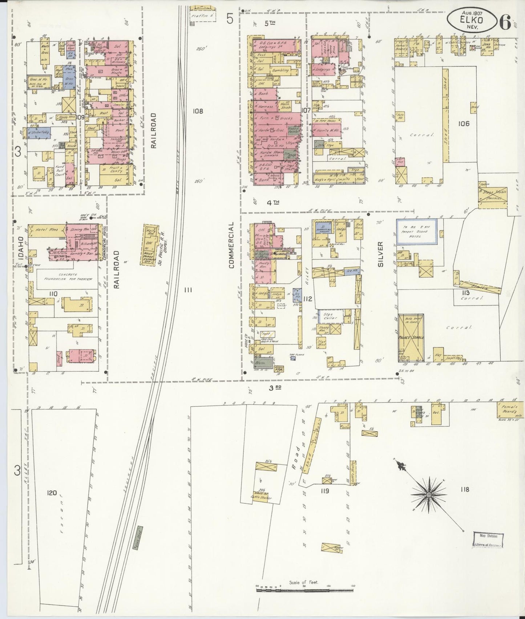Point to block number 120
pos(52,493)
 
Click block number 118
pos(464,490)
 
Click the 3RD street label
pos(275,388)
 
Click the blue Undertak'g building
pos(38,133)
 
